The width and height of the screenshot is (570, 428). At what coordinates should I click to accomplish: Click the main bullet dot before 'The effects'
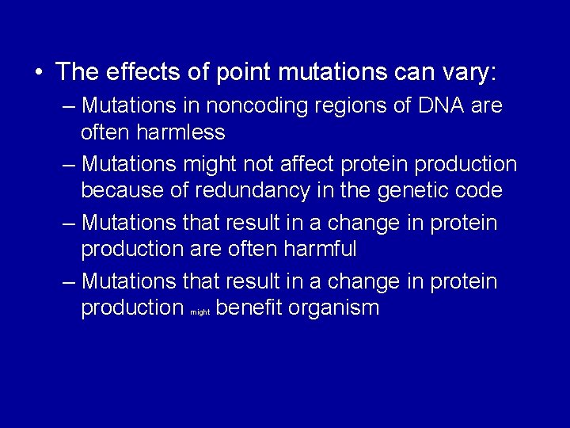point(39,73)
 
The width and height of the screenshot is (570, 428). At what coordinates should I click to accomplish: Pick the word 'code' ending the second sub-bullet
point(480,190)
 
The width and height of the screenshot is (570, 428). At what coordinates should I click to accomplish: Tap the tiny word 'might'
point(199,312)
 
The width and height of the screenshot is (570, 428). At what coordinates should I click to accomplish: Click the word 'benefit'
point(251,308)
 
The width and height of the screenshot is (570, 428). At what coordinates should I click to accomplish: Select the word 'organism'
point(336,308)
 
